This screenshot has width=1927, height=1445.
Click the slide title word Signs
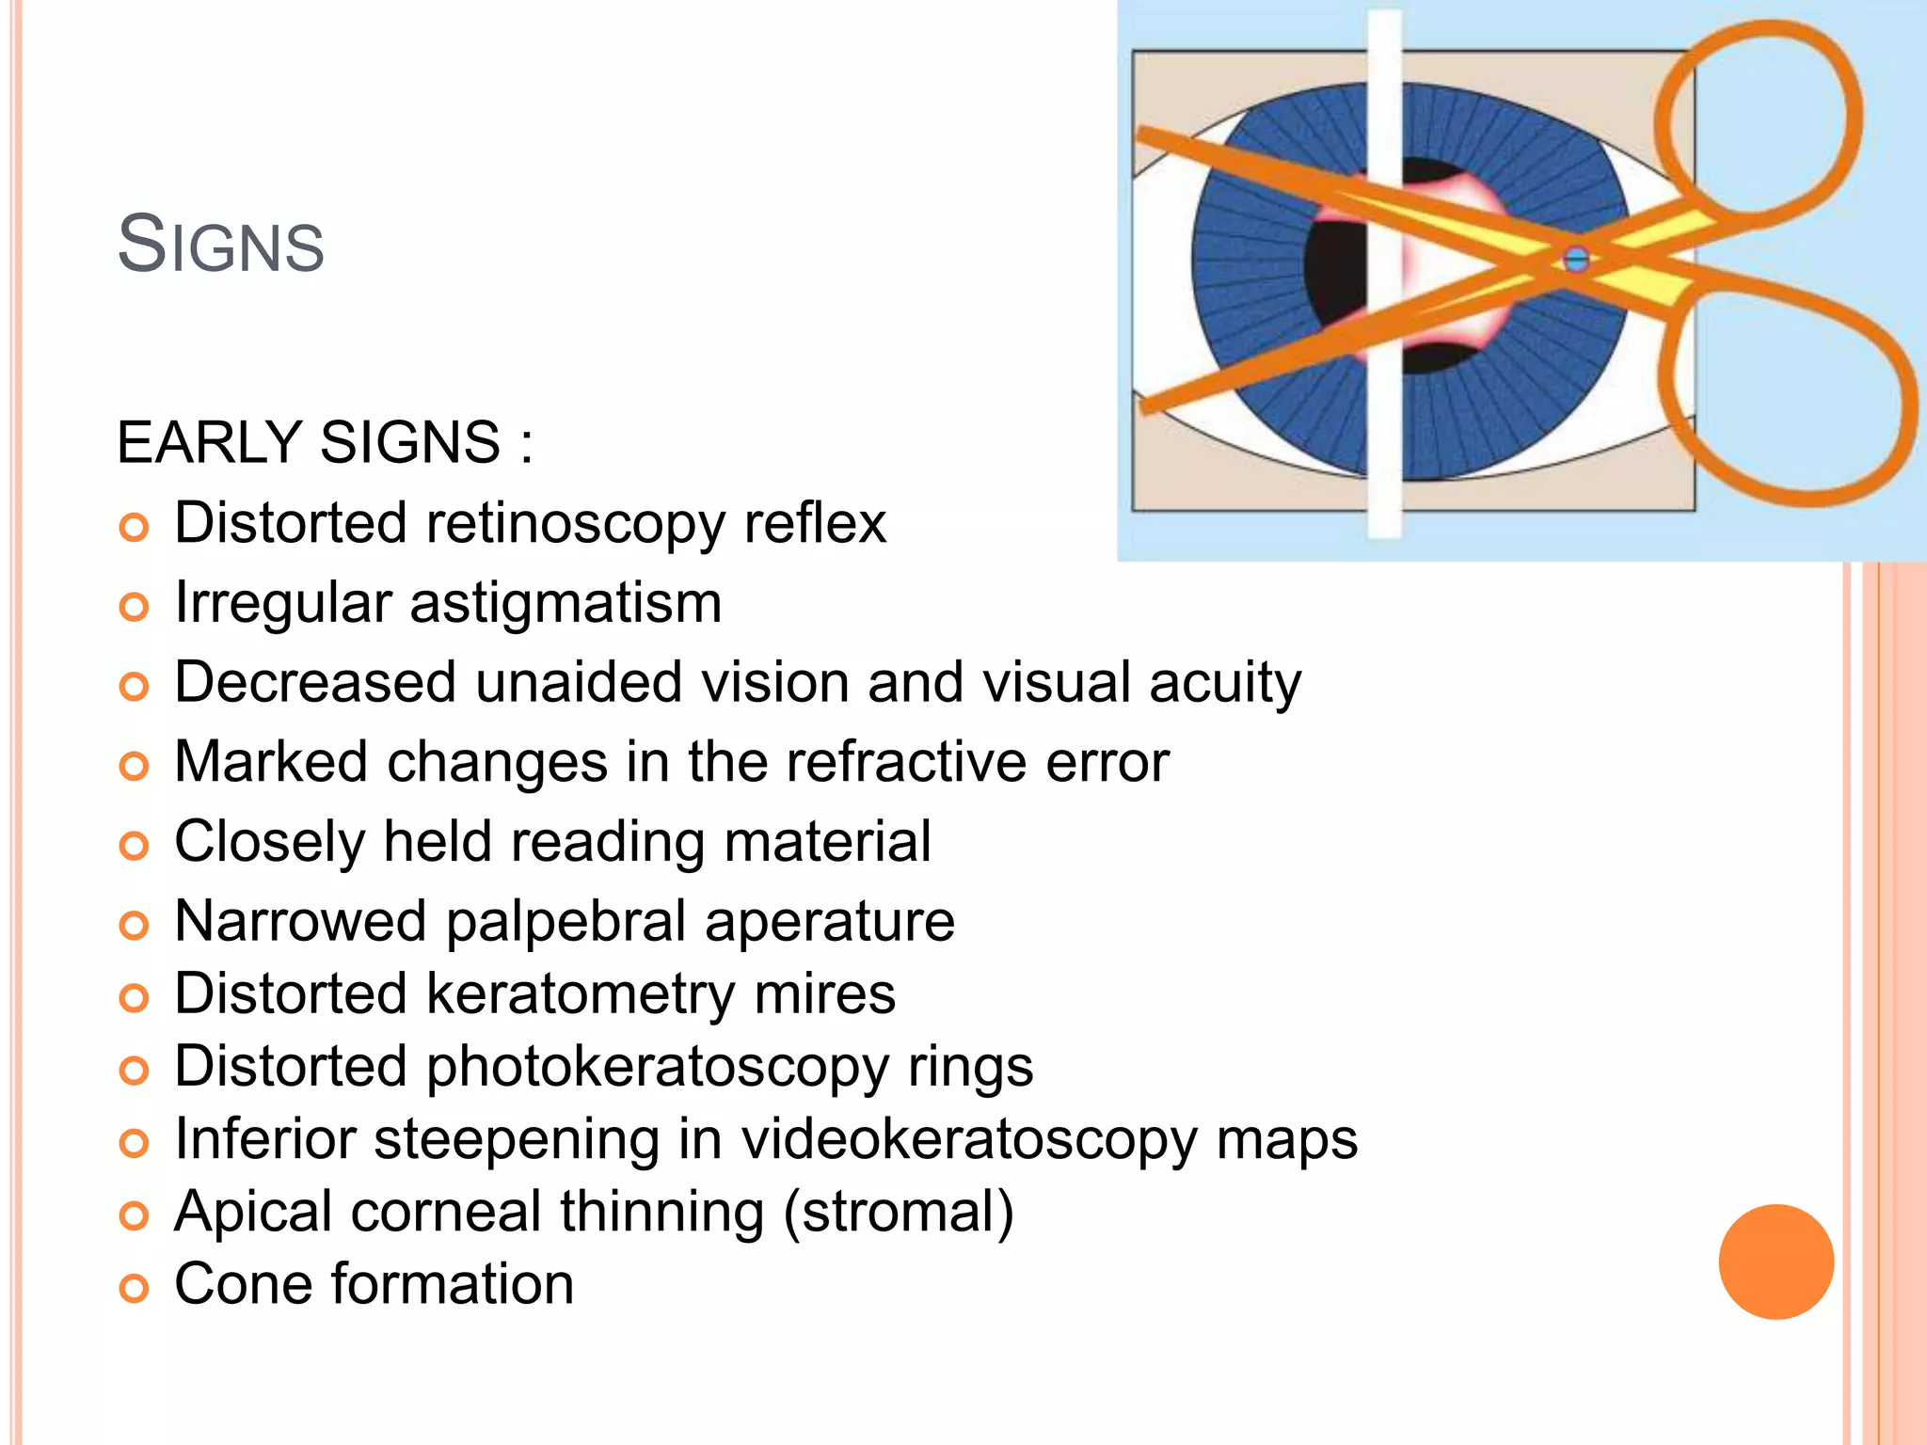[x=221, y=245]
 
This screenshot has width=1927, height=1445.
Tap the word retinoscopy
[x=575, y=523]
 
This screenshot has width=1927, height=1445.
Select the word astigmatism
[x=565, y=603]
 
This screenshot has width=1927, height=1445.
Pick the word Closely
[x=269, y=842]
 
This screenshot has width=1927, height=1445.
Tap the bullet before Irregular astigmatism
[x=135, y=607]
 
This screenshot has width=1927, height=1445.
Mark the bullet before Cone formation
[x=135, y=1288]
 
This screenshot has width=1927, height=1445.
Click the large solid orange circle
[x=1776, y=1262]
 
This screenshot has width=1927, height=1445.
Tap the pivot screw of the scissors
[x=1576, y=259]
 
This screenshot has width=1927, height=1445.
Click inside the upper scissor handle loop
[x=1758, y=122]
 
